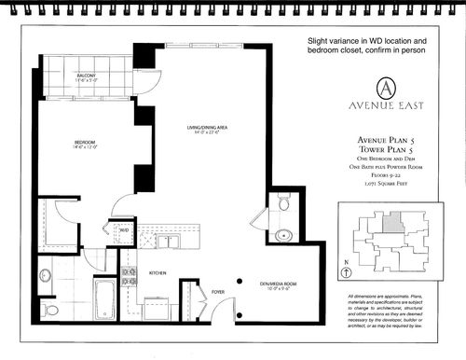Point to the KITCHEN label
tap(157, 272)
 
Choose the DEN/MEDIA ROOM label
tap(278, 282)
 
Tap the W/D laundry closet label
tap(123, 229)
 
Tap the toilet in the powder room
tap(285, 204)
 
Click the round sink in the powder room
tap(284, 234)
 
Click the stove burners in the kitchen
tap(130, 275)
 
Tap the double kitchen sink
tap(167, 242)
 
